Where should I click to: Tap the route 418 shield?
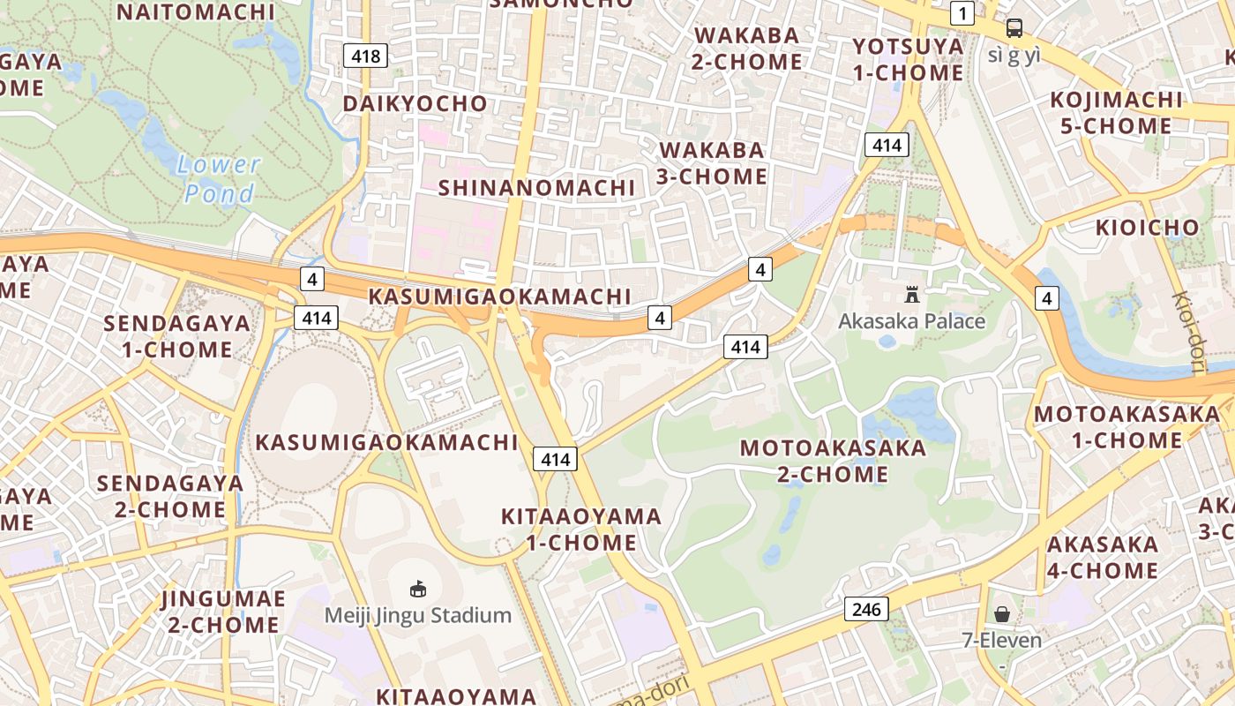tap(365, 56)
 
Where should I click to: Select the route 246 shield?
tap(866, 608)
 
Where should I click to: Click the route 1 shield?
tap(962, 13)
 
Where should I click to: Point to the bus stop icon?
tap(1014, 28)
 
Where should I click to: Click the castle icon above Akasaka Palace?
tap(912, 295)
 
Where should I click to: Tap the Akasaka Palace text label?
tap(911, 320)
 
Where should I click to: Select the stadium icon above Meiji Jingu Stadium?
tap(418, 588)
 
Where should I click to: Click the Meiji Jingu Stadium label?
tap(418, 615)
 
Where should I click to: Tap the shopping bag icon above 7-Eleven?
tap(1002, 613)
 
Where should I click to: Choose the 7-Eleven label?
tap(1002, 640)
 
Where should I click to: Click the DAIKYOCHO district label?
tap(415, 103)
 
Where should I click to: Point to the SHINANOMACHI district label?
tap(536, 187)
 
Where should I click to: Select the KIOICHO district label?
tap(1148, 228)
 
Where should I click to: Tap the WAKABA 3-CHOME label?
tap(712, 162)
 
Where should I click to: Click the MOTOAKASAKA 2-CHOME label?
tap(833, 461)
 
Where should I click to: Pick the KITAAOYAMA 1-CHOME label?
tap(581, 529)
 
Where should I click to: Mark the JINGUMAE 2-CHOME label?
tap(223, 612)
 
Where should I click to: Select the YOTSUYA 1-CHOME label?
tap(908, 59)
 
